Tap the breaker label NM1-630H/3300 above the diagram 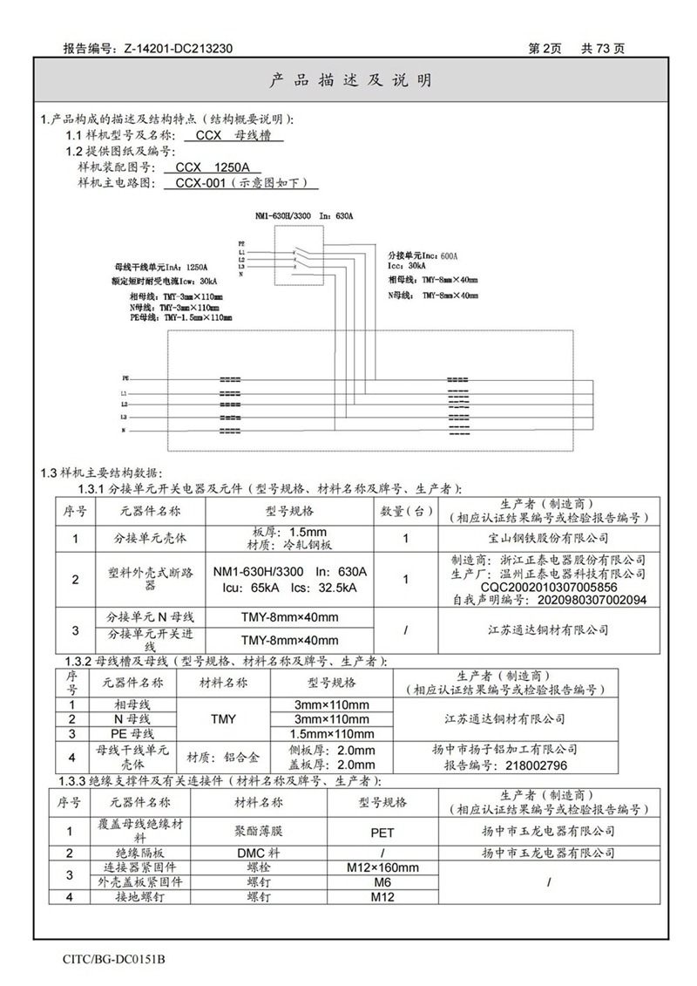click(x=282, y=214)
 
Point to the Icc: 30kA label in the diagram click(x=407, y=266)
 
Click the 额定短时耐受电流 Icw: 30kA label click(x=165, y=282)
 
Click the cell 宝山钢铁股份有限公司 click(x=548, y=539)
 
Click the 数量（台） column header click(x=406, y=511)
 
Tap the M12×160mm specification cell click(x=383, y=867)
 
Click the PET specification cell click(x=383, y=833)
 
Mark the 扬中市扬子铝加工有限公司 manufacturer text click(x=505, y=749)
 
